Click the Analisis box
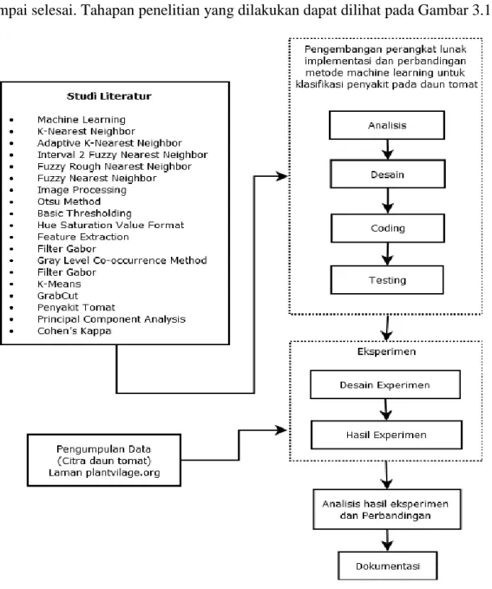pos(387,125)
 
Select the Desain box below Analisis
pos(388,173)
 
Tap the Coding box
pos(388,228)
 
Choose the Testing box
pos(387,280)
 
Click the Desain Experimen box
pos(385,384)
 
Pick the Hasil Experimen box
pos(386,435)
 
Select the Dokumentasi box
pos(388,566)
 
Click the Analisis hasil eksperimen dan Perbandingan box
pos(387,509)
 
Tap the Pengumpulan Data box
pos(104,460)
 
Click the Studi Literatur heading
pos(109,96)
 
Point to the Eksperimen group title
pos(386,351)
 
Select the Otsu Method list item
pos(69,202)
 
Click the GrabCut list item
pos(57,296)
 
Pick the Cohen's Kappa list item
pos(74,331)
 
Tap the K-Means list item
pos(59,284)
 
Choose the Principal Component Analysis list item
pos(111,319)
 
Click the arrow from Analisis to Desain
pos(388,149)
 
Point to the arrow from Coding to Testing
pos(388,254)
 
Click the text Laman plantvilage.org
pos(104,473)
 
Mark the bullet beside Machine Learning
pos(11,120)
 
